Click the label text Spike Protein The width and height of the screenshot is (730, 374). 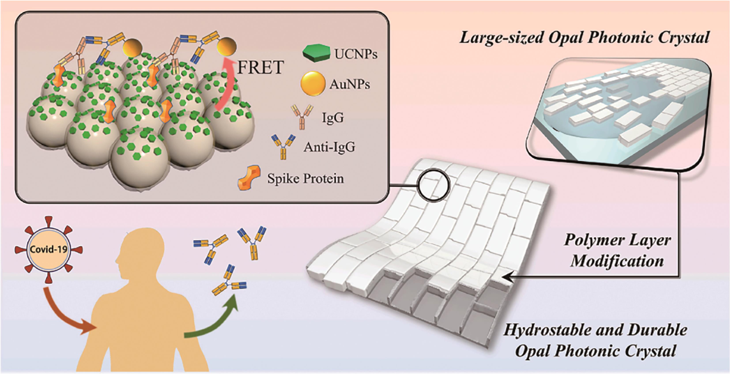[305, 178]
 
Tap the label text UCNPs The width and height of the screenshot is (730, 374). [355, 54]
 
